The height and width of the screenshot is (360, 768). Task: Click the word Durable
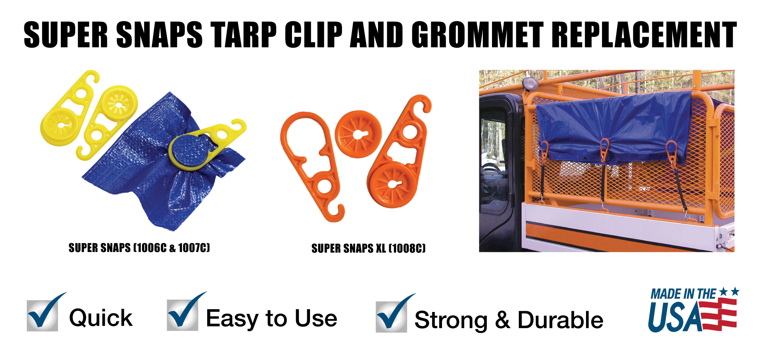(x=560, y=320)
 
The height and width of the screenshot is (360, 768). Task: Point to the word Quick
(x=101, y=318)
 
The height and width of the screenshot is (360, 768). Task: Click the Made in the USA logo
(x=693, y=310)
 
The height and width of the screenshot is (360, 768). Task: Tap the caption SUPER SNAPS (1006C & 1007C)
(x=139, y=248)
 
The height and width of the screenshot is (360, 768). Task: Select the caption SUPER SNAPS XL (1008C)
(x=368, y=248)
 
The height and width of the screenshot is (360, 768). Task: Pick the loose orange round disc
(x=358, y=134)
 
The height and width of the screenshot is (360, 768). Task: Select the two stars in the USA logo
(x=729, y=292)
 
